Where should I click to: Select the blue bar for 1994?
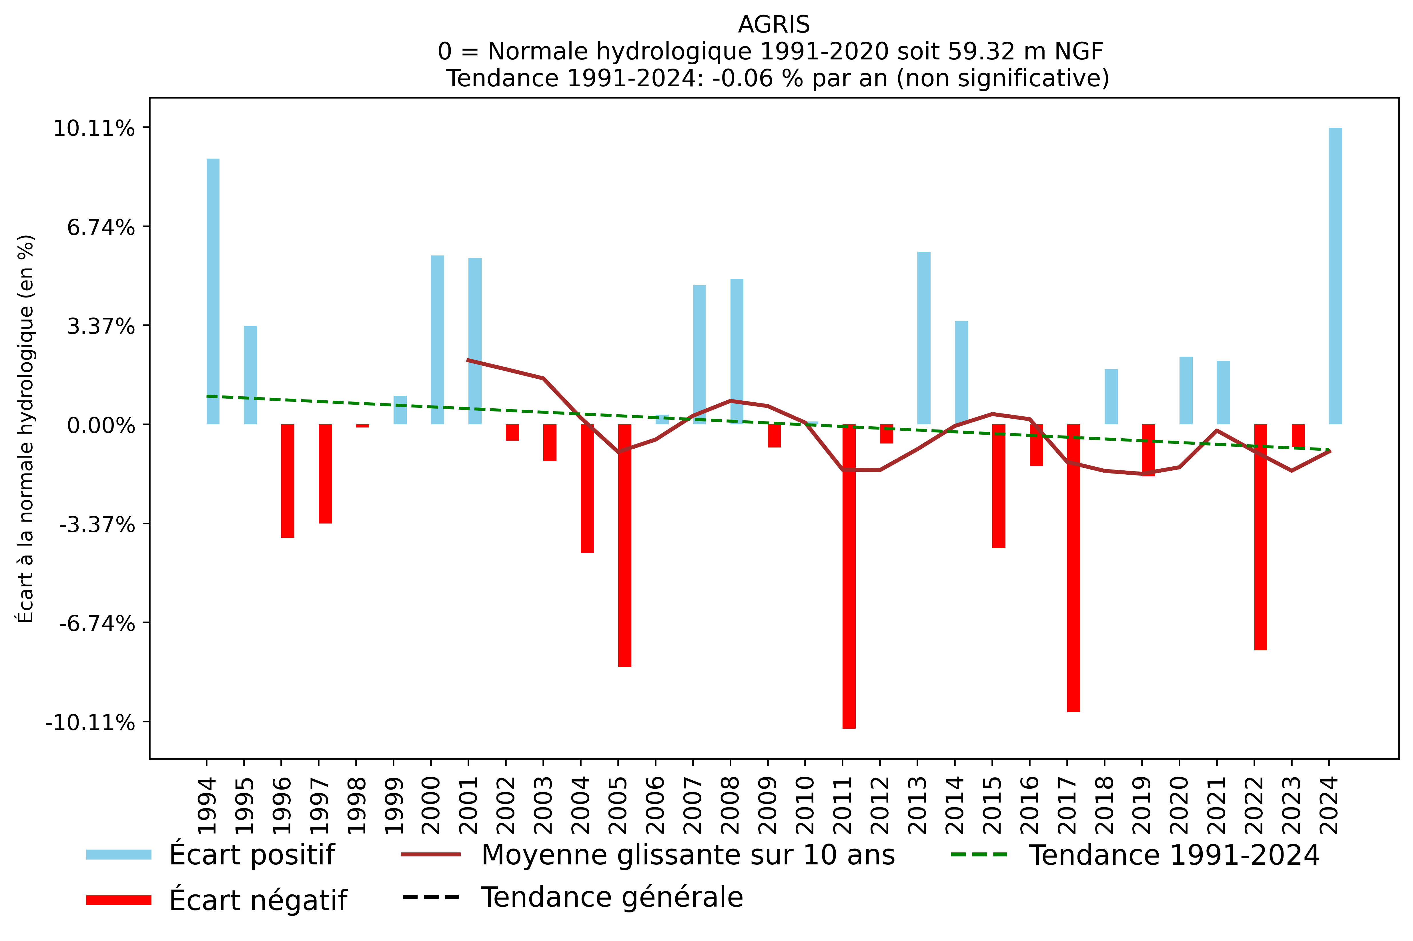pos(213,291)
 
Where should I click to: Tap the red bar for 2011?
pos(849,576)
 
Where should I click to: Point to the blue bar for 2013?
pos(924,338)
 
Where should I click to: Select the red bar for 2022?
pos(1261,537)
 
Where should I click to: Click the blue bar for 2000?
pos(438,340)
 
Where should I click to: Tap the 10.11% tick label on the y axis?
pos(94,128)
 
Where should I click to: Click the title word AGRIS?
pos(774,25)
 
